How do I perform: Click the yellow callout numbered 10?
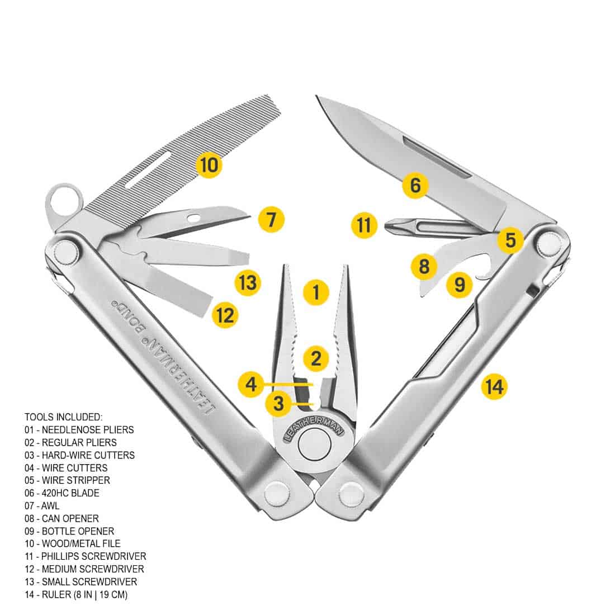click(209, 165)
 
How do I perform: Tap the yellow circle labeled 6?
click(415, 185)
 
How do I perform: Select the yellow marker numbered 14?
click(494, 386)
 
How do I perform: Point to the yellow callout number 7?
click(271, 219)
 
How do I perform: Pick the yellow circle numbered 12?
click(225, 315)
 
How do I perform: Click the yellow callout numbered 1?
click(316, 292)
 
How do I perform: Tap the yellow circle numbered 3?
click(279, 403)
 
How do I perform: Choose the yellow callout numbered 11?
click(364, 226)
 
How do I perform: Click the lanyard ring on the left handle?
click(62, 198)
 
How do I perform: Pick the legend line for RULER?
click(76, 594)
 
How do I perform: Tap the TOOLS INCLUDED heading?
click(63, 417)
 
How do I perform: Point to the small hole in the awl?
click(193, 217)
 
